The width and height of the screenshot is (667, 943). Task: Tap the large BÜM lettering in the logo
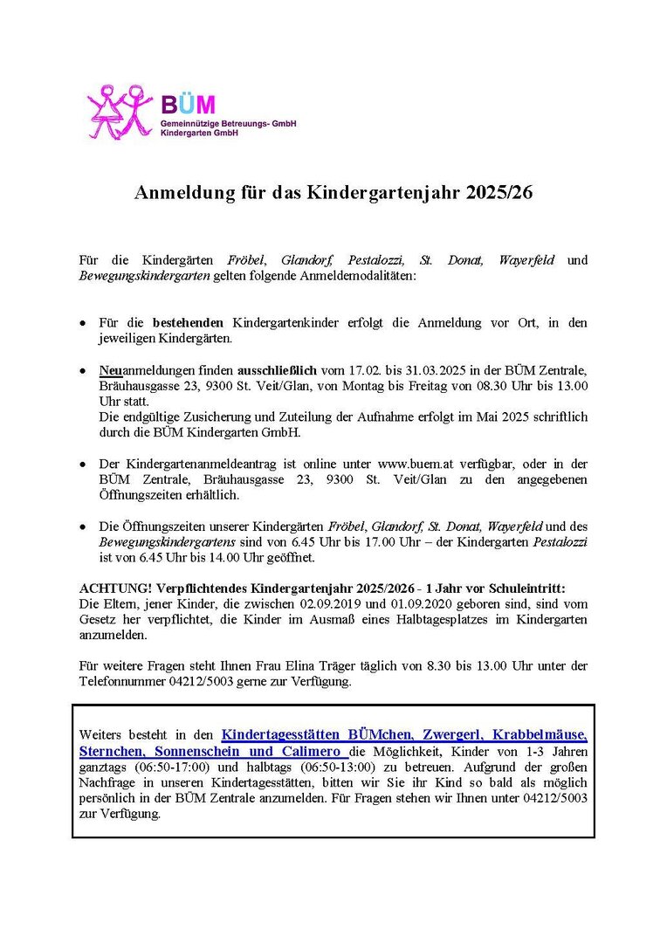coord(187,105)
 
